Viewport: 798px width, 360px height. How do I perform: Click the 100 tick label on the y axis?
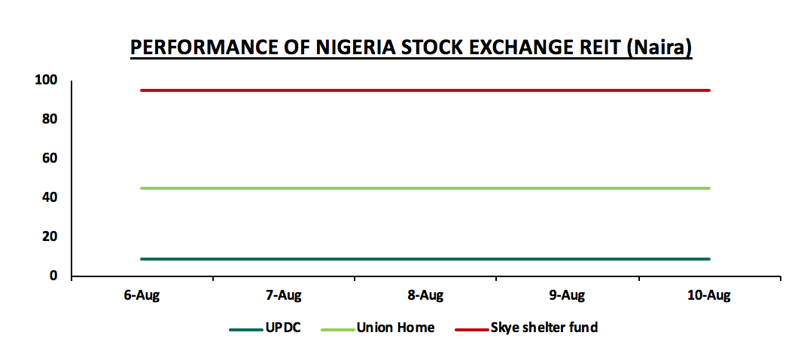pos(47,80)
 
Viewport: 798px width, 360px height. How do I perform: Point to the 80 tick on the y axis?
pos(50,119)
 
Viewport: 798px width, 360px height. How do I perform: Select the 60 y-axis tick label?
pos(50,158)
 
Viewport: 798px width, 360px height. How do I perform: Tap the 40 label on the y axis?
pos(50,197)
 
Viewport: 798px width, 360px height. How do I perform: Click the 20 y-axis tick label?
pos(50,236)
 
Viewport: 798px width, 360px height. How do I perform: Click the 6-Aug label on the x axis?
pos(142,296)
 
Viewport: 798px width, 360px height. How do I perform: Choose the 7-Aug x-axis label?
pos(284,296)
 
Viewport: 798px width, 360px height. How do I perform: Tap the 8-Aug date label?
pos(425,296)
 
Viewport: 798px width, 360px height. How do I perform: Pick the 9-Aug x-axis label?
pos(568,296)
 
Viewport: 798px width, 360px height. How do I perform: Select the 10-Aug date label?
pos(709,296)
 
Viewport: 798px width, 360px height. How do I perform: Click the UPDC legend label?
pos(283,328)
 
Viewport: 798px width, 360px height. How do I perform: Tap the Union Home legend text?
pos(395,328)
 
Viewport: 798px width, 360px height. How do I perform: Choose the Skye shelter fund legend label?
pos(544,328)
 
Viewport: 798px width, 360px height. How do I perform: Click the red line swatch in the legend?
pos(471,329)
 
